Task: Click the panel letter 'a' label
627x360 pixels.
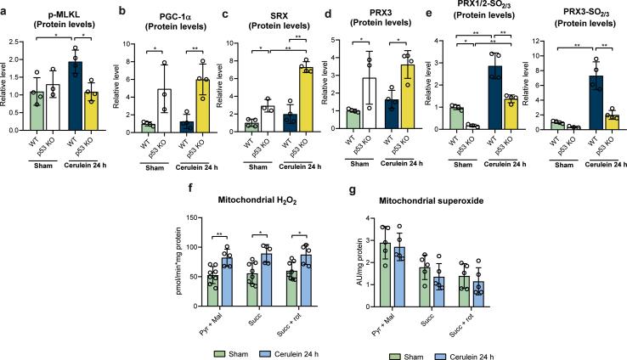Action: click(6, 7)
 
